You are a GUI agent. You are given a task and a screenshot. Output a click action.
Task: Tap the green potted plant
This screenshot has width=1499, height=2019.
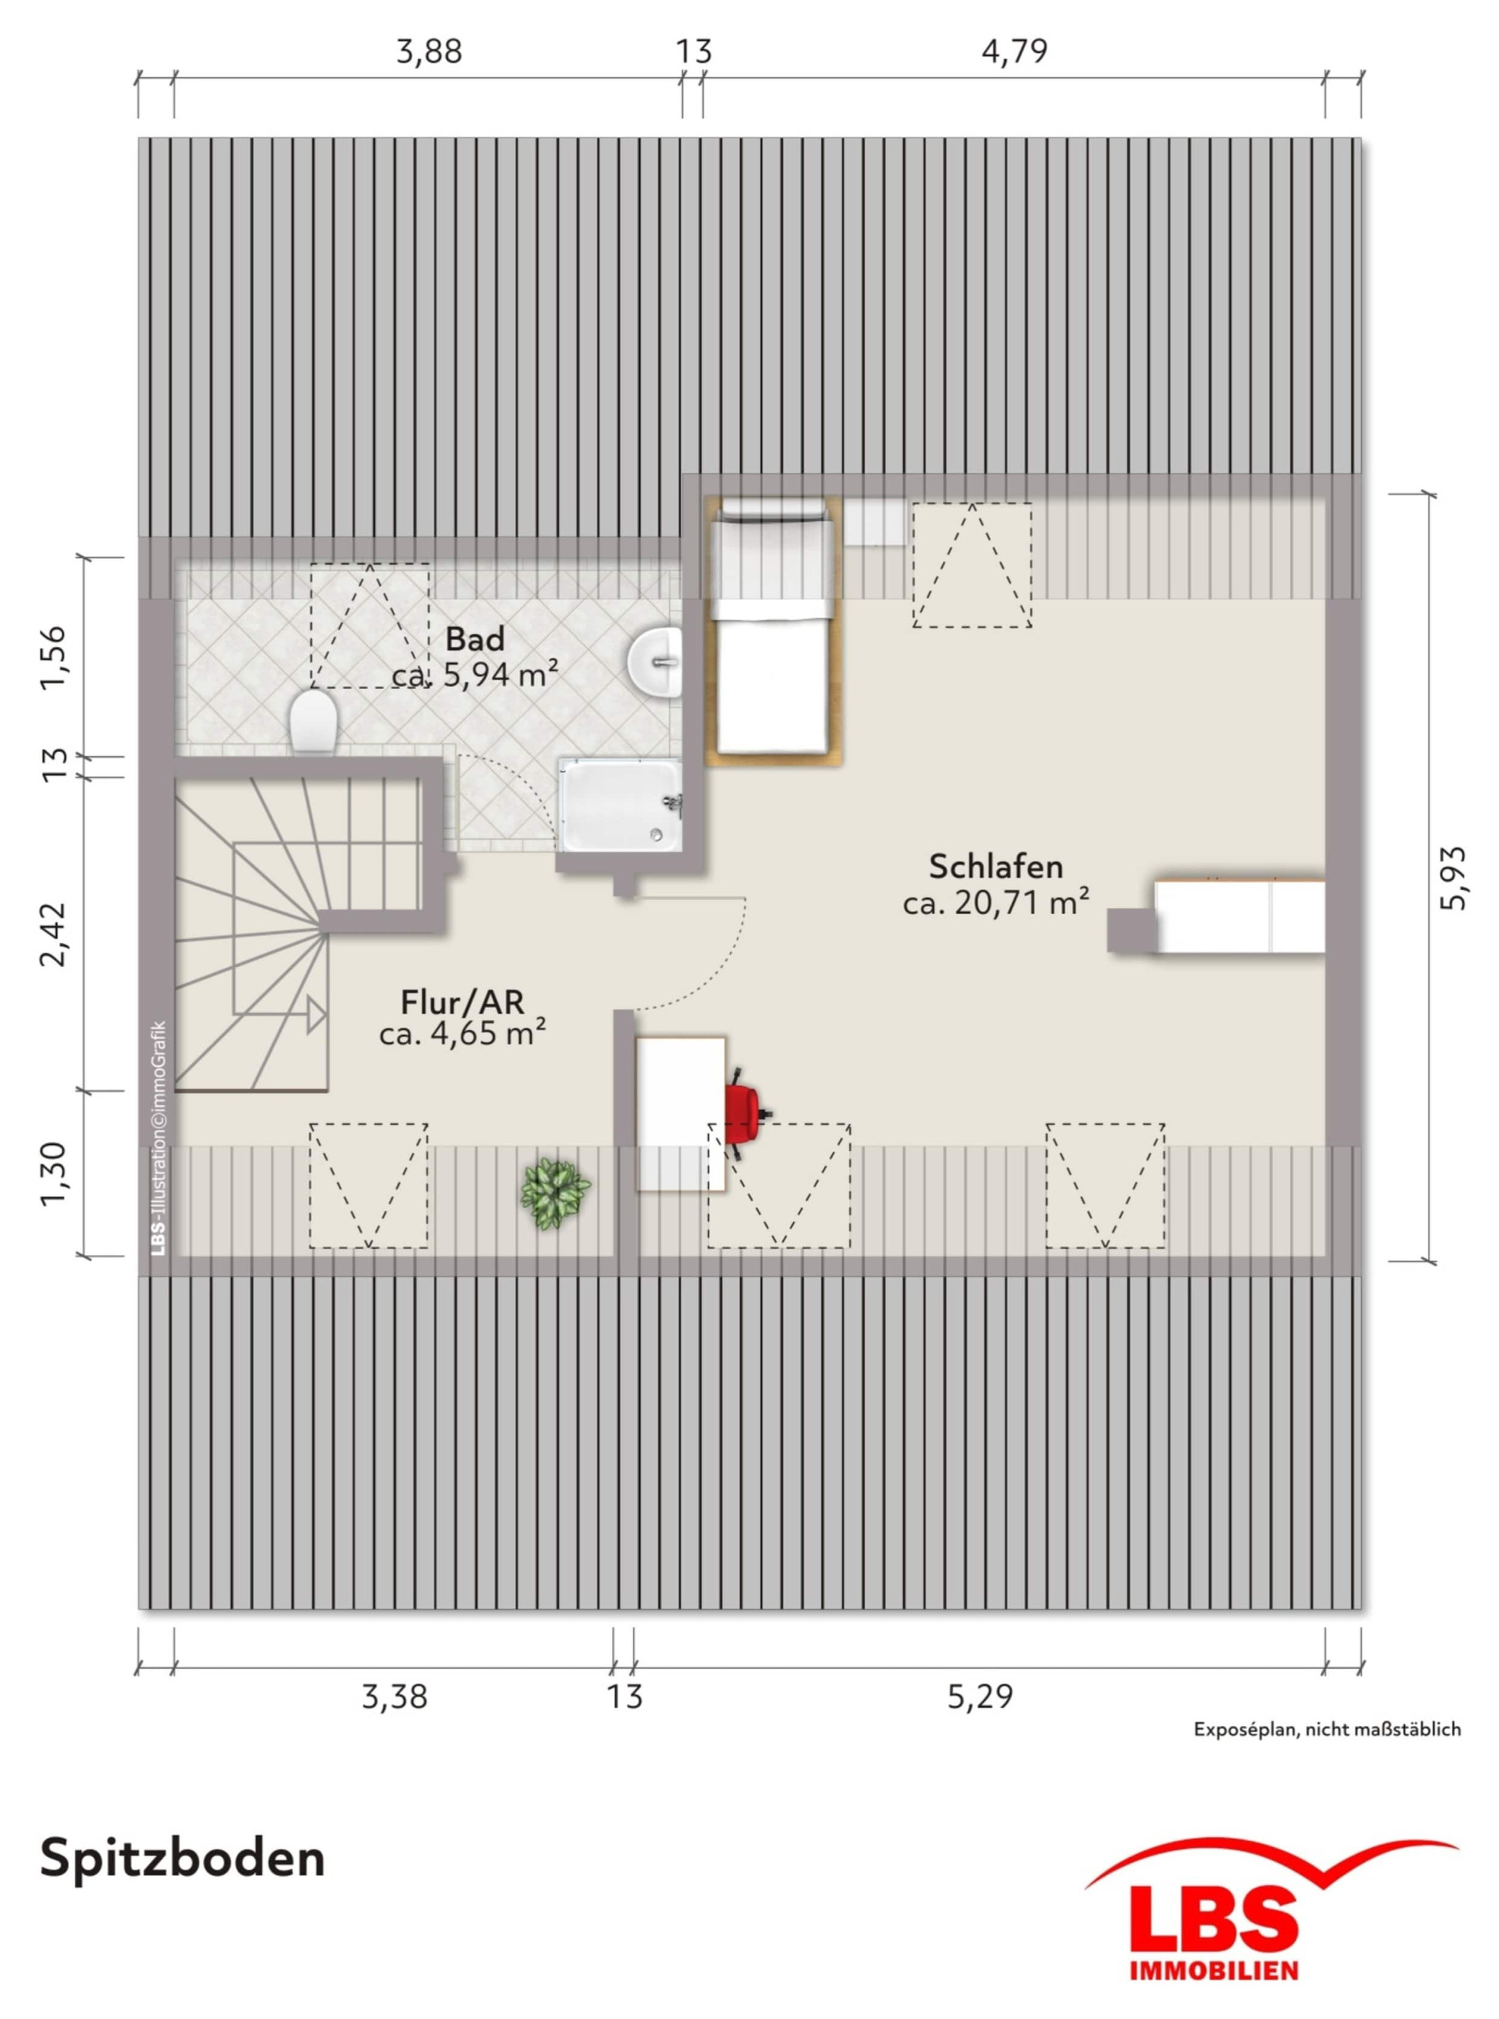pyautogui.click(x=555, y=1194)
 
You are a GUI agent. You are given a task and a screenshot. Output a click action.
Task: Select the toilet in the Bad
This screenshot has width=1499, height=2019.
pyautogui.click(x=313, y=720)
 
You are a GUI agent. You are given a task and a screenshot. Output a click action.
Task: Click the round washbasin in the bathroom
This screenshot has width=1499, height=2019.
pyautogui.click(x=654, y=663)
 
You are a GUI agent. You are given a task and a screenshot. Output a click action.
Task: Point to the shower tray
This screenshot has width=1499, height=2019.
pyautogui.click(x=619, y=805)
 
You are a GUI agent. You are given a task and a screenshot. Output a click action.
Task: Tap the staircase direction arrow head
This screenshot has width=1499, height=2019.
pyautogui.click(x=317, y=1014)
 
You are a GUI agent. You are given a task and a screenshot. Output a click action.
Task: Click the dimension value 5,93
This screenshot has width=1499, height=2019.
pyautogui.click(x=1453, y=877)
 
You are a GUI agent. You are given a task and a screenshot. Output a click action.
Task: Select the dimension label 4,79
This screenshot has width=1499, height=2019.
pyautogui.click(x=1015, y=51)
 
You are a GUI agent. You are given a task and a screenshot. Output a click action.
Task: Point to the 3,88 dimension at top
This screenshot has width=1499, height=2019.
pyautogui.click(x=429, y=51)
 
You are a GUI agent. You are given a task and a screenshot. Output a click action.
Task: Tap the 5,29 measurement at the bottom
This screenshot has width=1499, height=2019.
pyautogui.click(x=980, y=1696)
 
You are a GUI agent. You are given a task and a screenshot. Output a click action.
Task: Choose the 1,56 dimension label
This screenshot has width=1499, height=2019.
pyautogui.click(x=52, y=657)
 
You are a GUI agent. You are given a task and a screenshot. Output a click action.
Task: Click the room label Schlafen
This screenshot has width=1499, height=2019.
pyautogui.click(x=995, y=867)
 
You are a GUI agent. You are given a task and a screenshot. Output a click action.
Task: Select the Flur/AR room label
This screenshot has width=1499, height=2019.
pyautogui.click(x=462, y=1002)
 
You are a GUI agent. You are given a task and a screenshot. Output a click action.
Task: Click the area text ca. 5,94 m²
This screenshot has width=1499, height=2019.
pyautogui.click(x=474, y=675)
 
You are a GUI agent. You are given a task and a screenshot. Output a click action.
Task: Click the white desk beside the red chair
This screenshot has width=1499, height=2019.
pyautogui.click(x=681, y=1113)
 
